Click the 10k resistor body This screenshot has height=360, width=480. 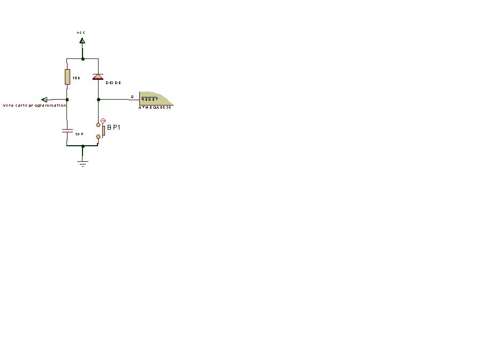[67, 77]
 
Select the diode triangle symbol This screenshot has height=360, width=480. [97, 77]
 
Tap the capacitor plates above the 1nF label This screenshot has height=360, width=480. [67, 130]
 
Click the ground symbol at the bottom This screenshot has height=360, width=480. [82, 162]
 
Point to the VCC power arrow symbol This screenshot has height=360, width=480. [82, 40]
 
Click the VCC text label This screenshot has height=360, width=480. [81, 33]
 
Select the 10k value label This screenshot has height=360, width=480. [76, 78]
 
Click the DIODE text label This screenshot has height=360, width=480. [114, 83]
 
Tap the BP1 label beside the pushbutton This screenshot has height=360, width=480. [114, 127]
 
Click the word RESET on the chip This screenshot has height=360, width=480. [149, 100]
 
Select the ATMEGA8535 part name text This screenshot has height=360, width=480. [155, 108]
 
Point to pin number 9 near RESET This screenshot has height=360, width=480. [132, 96]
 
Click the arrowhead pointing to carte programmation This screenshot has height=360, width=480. [44, 100]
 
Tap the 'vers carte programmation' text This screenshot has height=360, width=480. [34, 106]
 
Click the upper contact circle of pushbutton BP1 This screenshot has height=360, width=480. [98, 124]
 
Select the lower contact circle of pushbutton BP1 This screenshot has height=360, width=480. [98, 137]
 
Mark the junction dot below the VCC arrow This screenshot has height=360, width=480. [82, 58]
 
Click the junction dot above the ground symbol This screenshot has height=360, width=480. [82, 146]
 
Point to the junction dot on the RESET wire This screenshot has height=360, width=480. [98, 100]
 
